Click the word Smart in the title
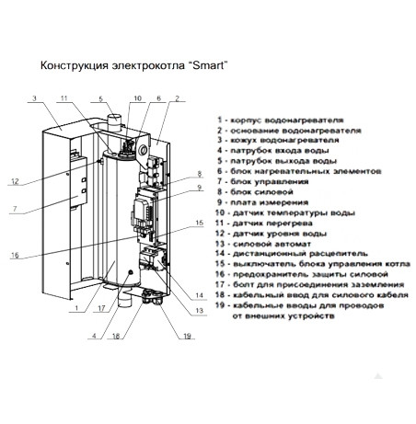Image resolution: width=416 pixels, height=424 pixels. click(x=208, y=65)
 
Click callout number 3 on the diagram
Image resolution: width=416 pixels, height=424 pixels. click(x=34, y=98)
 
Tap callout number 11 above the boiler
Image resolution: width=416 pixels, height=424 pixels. click(x=64, y=98)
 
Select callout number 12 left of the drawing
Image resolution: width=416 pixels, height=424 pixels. click(x=15, y=181)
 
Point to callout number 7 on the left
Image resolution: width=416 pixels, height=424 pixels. click(x=15, y=209)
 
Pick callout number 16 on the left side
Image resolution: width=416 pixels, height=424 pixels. click(x=15, y=255)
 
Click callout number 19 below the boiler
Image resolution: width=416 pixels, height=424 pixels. click(x=187, y=336)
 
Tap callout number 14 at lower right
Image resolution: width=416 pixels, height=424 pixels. click(x=200, y=295)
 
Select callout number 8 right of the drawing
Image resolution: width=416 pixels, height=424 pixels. click(x=200, y=174)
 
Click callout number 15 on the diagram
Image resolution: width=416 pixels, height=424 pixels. click(x=200, y=223)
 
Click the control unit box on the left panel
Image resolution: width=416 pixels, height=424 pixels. click(x=78, y=182)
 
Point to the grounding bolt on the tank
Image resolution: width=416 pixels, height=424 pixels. click(x=131, y=272)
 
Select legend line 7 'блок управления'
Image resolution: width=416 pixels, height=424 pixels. click(x=263, y=182)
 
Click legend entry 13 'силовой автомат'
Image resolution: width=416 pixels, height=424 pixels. click(x=263, y=244)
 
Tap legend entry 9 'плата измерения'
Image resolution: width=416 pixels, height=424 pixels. click(x=262, y=202)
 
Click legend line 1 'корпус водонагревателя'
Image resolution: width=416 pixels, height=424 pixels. click(x=281, y=120)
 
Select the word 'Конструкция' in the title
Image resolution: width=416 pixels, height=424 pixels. click(x=75, y=65)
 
